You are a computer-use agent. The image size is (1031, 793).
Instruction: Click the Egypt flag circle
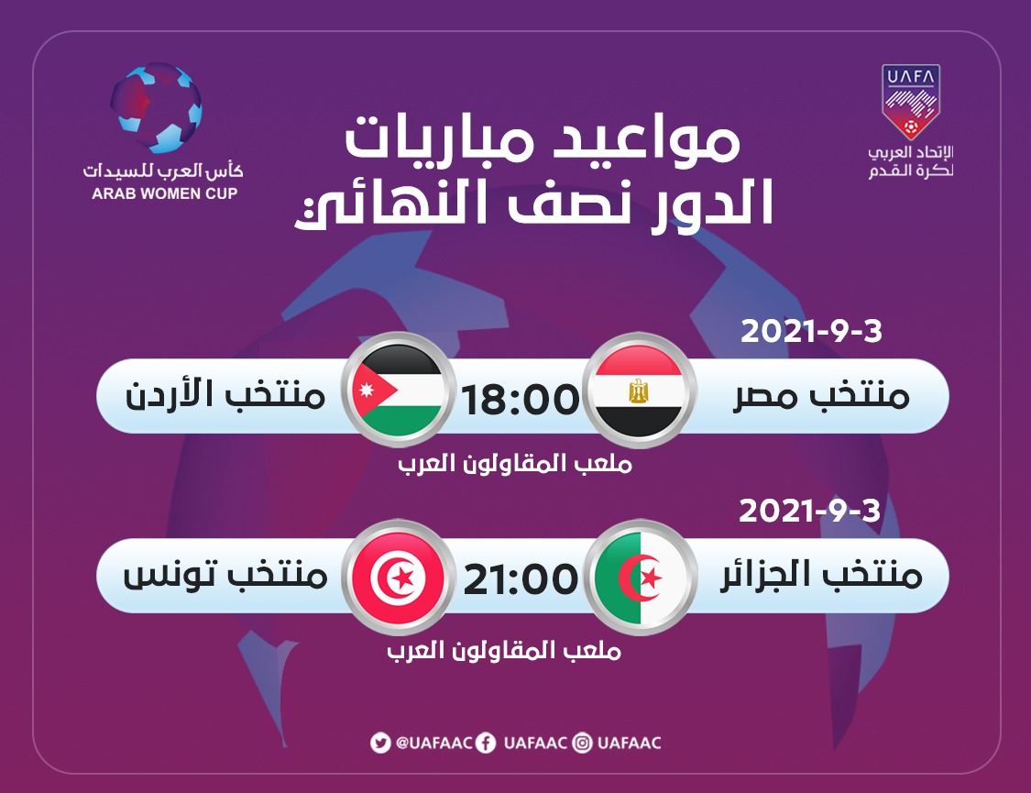pyautogui.click(x=639, y=391)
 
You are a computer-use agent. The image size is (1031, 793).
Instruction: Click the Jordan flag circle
pyautogui.click(x=397, y=391)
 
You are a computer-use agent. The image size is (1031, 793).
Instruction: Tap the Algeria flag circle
pyautogui.click(x=640, y=578)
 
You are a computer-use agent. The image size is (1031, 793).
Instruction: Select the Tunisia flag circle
pyautogui.click(x=397, y=578)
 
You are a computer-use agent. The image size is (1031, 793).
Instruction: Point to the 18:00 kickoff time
pyautogui.click(x=521, y=400)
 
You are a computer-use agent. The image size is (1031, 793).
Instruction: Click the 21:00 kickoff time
pyautogui.click(x=521, y=580)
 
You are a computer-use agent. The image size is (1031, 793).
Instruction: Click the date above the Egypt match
pyautogui.click(x=811, y=331)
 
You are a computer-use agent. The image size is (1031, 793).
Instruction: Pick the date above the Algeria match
pyautogui.click(x=809, y=511)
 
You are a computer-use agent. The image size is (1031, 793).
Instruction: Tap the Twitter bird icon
pyautogui.click(x=380, y=743)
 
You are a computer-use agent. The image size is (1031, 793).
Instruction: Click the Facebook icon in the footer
pyautogui.click(x=486, y=743)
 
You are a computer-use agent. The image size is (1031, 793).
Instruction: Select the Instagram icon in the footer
pyautogui.click(x=583, y=743)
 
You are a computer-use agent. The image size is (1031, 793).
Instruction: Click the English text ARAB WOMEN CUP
pyautogui.click(x=164, y=193)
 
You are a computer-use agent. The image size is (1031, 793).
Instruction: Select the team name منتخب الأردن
pyautogui.click(x=225, y=394)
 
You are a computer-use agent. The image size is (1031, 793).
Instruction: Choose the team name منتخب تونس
pyautogui.click(x=225, y=574)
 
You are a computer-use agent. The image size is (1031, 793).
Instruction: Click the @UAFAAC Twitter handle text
pyautogui.click(x=434, y=743)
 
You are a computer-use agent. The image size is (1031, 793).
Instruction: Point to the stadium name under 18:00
pyautogui.click(x=515, y=464)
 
